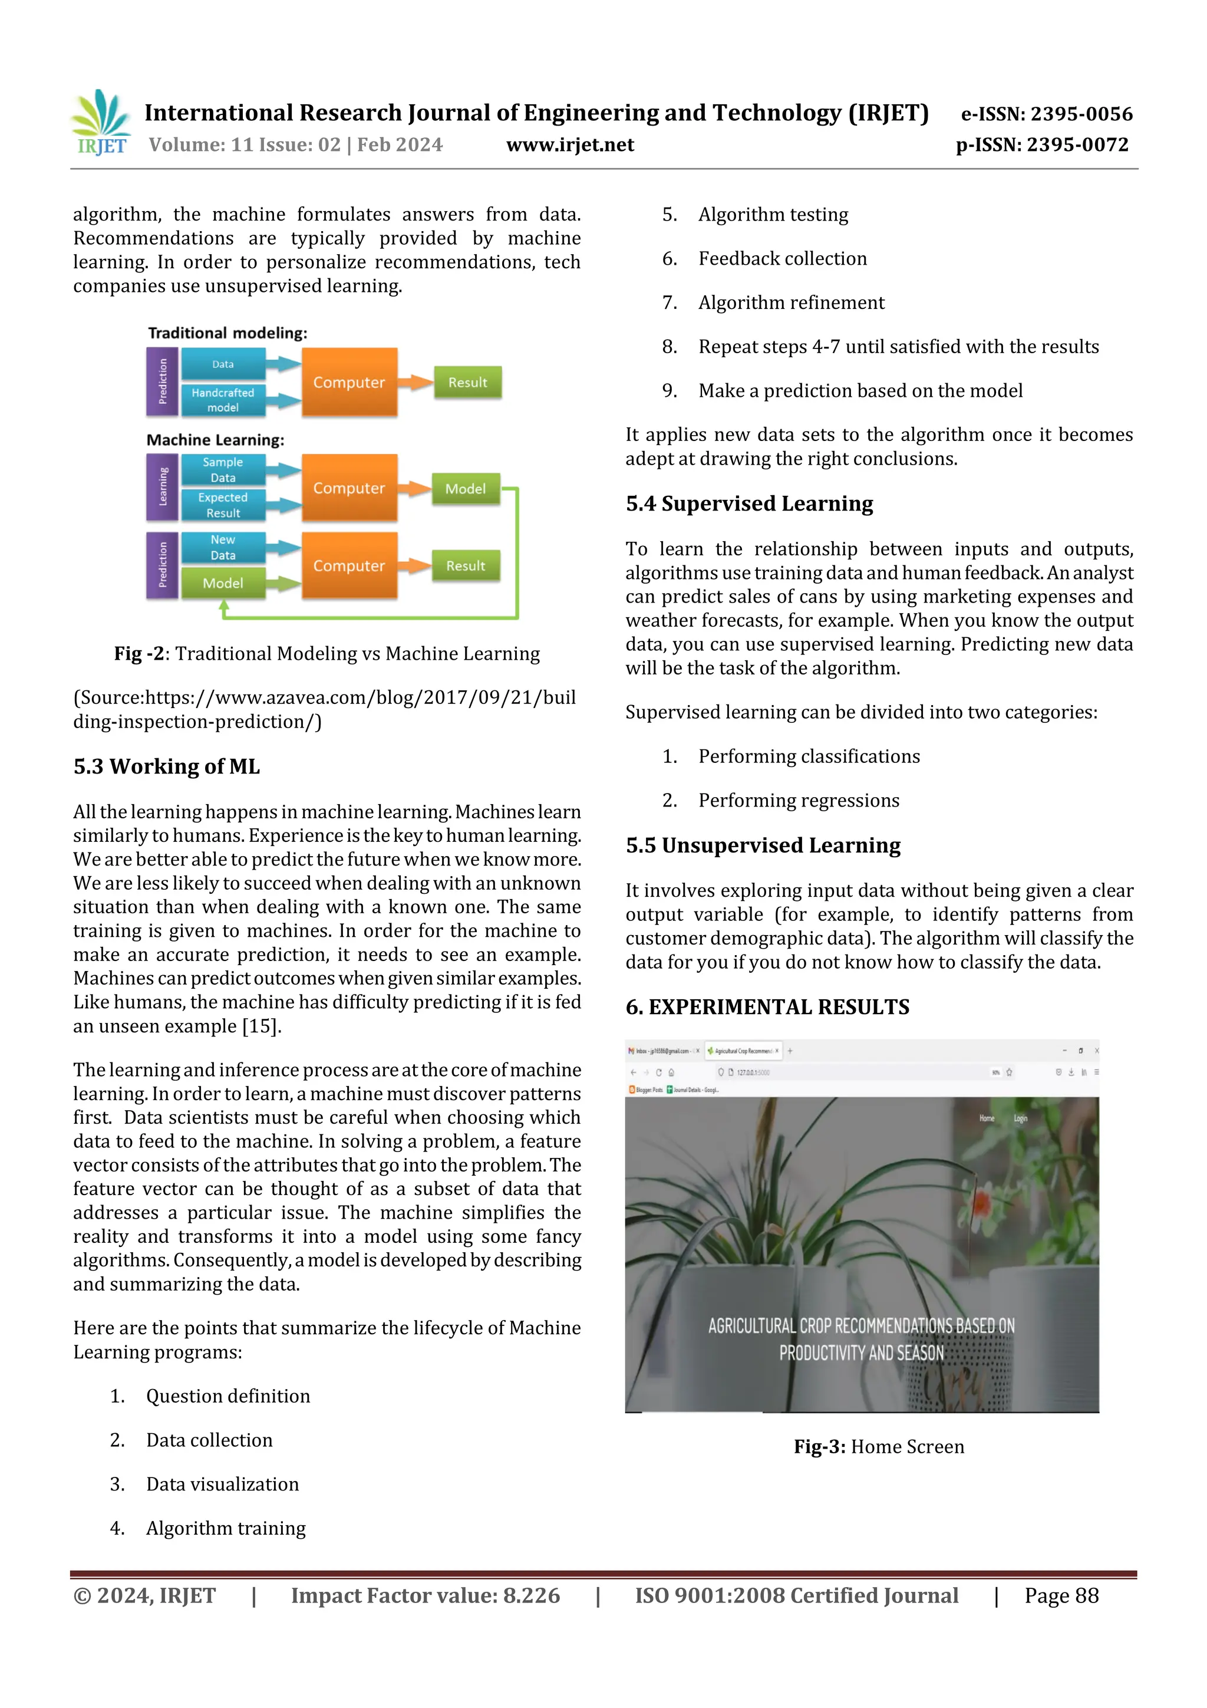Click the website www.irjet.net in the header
pos(570,145)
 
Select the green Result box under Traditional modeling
pos(467,383)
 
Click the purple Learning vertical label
pos(163,487)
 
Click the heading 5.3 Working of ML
pos(167,766)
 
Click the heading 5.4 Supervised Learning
pos(749,503)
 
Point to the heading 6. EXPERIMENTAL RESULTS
pos(767,1006)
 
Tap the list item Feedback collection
pos(781,258)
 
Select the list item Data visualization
pos(222,1484)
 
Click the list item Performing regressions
pos(798,801)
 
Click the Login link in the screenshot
pos(1020,1118)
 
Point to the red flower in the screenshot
pos(982,1200)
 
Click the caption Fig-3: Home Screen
pos(878,1447)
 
